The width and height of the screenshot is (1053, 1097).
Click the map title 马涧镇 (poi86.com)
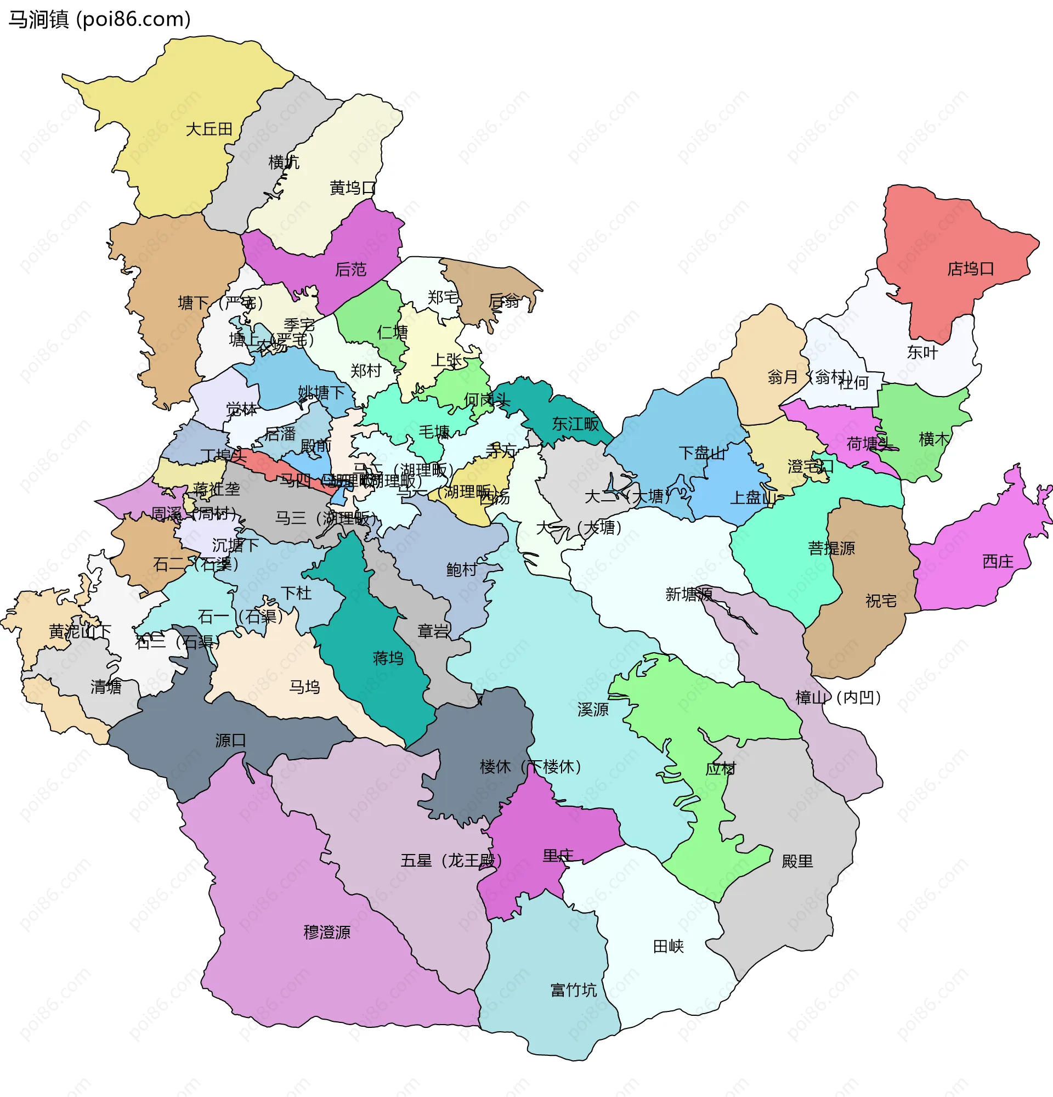coord(100,20)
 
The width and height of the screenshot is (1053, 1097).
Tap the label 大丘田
coord(209,129)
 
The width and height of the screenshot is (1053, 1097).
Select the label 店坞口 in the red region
coord(970,269)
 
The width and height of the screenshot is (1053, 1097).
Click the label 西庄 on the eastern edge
coord(998,561)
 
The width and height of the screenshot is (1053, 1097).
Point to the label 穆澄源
coord(327,932)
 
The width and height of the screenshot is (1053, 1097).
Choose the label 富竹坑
coord(574,991)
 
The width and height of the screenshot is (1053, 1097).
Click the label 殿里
coord(797,861)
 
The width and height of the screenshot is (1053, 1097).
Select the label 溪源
coord(592,710)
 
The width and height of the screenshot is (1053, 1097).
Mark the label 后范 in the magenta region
coord(350,270)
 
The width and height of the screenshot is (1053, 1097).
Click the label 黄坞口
coord(353,188)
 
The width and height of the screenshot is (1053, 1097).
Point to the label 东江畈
coord(575,424)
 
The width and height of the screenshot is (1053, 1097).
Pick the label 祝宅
coord(881,601)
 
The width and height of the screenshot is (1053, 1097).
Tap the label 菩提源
coord(831,548)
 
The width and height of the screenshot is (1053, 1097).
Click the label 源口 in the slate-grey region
coord(230,741)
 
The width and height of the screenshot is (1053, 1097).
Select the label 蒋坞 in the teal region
coord(388,658)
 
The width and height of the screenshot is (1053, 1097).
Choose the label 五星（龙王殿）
coord(451,861)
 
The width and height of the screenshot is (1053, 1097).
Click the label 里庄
coord(558,856)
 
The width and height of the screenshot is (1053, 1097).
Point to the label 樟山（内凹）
coord(838,698)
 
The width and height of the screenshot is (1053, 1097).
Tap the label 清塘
coord(106,687)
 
